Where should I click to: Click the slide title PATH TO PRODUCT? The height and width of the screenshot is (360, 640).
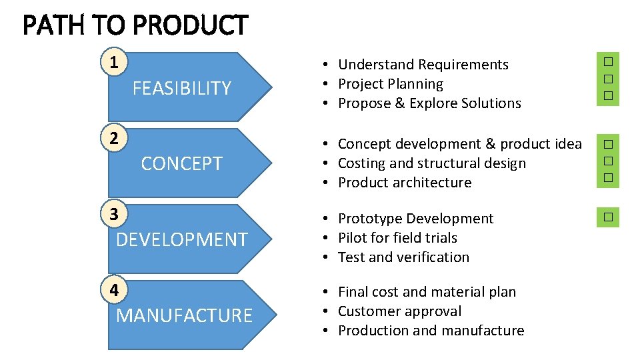135,26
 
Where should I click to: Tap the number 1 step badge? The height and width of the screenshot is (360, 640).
114,63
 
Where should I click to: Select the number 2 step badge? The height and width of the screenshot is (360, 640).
114,139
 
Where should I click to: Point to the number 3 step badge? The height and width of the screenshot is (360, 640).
114,215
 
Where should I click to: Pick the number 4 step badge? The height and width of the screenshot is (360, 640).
114,291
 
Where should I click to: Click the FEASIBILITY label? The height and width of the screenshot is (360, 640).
181,88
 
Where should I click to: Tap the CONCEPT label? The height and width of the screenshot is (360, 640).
181,163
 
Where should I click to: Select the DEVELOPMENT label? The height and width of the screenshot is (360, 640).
181,239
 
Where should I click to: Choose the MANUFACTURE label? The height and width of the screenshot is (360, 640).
184,315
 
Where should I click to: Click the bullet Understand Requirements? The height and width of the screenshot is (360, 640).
423,65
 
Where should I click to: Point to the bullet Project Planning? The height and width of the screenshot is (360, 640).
390,84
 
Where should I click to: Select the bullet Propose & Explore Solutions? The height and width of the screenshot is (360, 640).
429,103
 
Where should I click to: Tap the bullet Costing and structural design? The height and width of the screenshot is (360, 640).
431,163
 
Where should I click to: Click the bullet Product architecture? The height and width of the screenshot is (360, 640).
404,183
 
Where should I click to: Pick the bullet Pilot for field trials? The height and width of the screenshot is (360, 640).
397,238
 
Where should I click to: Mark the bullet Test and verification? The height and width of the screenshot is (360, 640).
403,257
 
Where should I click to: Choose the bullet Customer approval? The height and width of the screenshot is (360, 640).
399,311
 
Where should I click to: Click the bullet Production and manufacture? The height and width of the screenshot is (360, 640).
431,331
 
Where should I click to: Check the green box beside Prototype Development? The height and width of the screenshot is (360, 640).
607,217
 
